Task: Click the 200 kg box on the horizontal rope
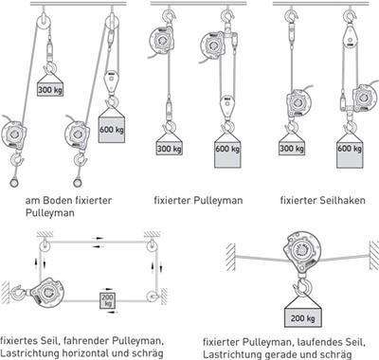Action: tap(108, 300)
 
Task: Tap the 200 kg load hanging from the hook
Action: tap(303, 317)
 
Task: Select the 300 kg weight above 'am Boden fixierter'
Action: tap(50, 89)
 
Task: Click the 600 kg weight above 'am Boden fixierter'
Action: tap(112, 130)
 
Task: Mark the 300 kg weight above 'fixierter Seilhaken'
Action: tap(292, 148)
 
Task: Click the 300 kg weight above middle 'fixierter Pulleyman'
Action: tap(170, 148)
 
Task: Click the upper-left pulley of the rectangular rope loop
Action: tap(45, 245)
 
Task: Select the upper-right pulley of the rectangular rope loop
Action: tap(152, 245)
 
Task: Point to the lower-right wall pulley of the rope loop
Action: tap(153, 297)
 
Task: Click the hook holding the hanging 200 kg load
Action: tap(303, 286)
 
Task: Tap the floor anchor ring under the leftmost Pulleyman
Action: tap(13, 183)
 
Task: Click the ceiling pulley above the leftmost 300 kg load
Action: tap(44, 23)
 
